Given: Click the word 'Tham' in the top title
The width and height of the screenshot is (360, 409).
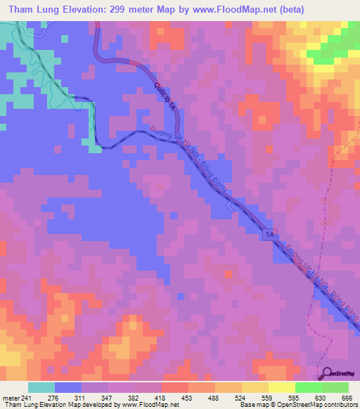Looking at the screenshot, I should [x=21, y=10].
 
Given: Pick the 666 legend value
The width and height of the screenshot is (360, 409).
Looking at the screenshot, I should [x=345, y=398].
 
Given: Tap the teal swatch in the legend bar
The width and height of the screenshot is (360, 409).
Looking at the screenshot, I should [x=41, y=388].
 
